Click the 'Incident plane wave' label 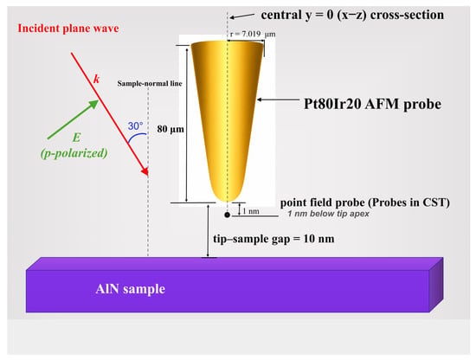tap(68, 29)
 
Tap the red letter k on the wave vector tap(97, 80)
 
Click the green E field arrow tap(74, 119)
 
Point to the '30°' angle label tap(135, 126)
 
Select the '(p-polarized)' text tap(74, 153)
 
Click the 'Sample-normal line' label tap(150, 83)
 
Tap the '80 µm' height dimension tap(170, 129)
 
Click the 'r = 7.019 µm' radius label tap(253, 34)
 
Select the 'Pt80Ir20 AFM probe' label tap(372, 104)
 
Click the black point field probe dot tap(227, 215)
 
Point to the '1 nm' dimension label tap(251, 211)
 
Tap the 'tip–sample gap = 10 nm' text tap(273, 239)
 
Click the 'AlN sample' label tap(130, 289)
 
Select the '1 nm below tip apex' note tap(328, 214)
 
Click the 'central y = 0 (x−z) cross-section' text tap(352, 15)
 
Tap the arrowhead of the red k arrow tap(145, 172)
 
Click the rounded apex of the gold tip tap(227, 201)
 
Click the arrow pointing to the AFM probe tap(278, 100)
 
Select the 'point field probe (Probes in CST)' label tap(365, 202)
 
